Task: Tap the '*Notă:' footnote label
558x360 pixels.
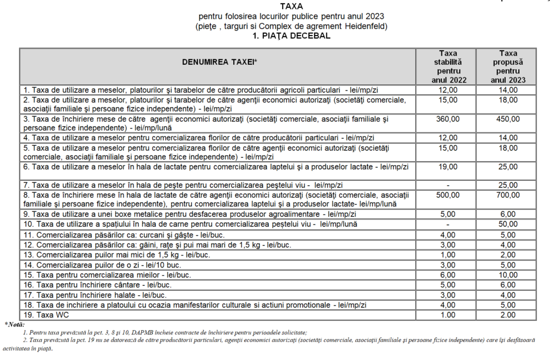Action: click(14, 325)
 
